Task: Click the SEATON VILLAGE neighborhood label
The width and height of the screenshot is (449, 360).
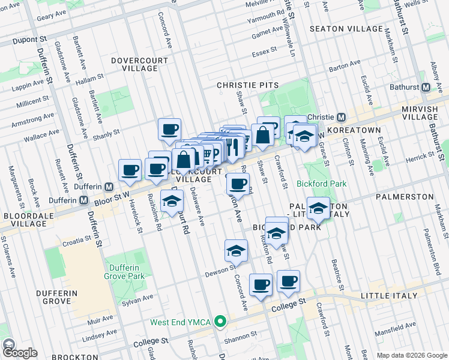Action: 345,29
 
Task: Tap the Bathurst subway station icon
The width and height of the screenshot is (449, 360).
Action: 426,87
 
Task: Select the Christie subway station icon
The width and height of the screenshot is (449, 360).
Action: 340,116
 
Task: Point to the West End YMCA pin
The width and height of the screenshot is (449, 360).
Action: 220,322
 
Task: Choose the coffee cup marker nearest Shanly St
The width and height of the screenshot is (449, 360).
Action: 170,128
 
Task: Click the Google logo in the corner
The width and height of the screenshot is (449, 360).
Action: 19,352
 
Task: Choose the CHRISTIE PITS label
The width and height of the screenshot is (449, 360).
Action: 248,86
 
